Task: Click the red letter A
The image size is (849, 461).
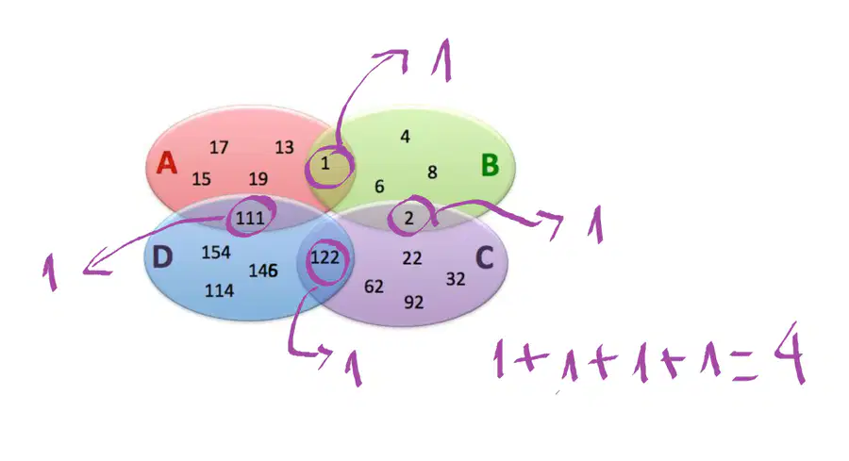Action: pos(167,162)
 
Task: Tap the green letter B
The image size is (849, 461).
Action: pos(490,165)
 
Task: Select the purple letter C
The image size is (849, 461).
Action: pos(484,257)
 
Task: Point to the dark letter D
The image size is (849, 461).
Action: pos(162,257)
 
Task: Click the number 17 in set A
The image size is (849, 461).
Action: pos(219,147)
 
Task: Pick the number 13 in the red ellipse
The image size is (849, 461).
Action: pos(284,147)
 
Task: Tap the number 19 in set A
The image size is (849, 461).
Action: pos(258,178)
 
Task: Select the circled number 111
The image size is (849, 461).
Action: pos(250,218)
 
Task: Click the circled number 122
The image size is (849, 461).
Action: pos(325,257)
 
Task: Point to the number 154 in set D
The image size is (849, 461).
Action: pos(216,252)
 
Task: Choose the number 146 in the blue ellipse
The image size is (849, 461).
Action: pos(263,270)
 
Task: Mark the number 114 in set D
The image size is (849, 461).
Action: pos(219,291)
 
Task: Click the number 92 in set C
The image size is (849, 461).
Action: pos(414,302)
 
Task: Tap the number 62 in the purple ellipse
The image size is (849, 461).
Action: pos(374,287)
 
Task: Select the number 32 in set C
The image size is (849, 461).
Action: pos(456,279)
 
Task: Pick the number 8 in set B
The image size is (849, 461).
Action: pos(432,173)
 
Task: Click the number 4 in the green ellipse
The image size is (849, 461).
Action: pos(405,137)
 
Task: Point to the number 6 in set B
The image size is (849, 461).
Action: pos(379,187)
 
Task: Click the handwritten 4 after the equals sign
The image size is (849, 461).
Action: pos(790,353)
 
